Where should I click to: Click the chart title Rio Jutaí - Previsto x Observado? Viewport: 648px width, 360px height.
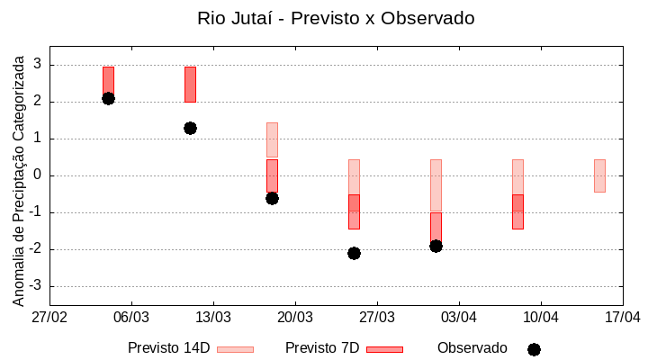pos(336,18)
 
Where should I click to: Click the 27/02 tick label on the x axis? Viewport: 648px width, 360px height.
pos(49,317)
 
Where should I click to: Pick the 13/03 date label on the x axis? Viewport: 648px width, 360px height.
pos(213,317)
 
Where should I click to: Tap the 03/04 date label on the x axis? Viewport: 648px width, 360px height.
pos(459,317)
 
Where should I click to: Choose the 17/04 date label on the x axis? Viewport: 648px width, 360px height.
pos(622,317)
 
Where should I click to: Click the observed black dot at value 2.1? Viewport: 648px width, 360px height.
pos(108,98)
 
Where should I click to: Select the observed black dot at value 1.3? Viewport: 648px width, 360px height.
pos(190,128)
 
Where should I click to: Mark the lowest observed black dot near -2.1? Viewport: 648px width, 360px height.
pos(354,253)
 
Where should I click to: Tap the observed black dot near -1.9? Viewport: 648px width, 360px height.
pos(436,246)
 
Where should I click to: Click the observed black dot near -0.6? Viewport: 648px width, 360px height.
pos(272,198)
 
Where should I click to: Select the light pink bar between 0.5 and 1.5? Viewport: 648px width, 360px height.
pos(272,139)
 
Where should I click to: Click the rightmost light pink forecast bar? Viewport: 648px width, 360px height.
pos(599,175)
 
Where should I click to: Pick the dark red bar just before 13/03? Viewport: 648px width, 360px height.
pos(190,84)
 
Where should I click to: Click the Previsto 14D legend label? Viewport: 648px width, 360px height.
pos(168,348)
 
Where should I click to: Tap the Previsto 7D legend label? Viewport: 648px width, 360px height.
pos(322,348)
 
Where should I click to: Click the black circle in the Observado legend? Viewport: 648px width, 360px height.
pos(534,349)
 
